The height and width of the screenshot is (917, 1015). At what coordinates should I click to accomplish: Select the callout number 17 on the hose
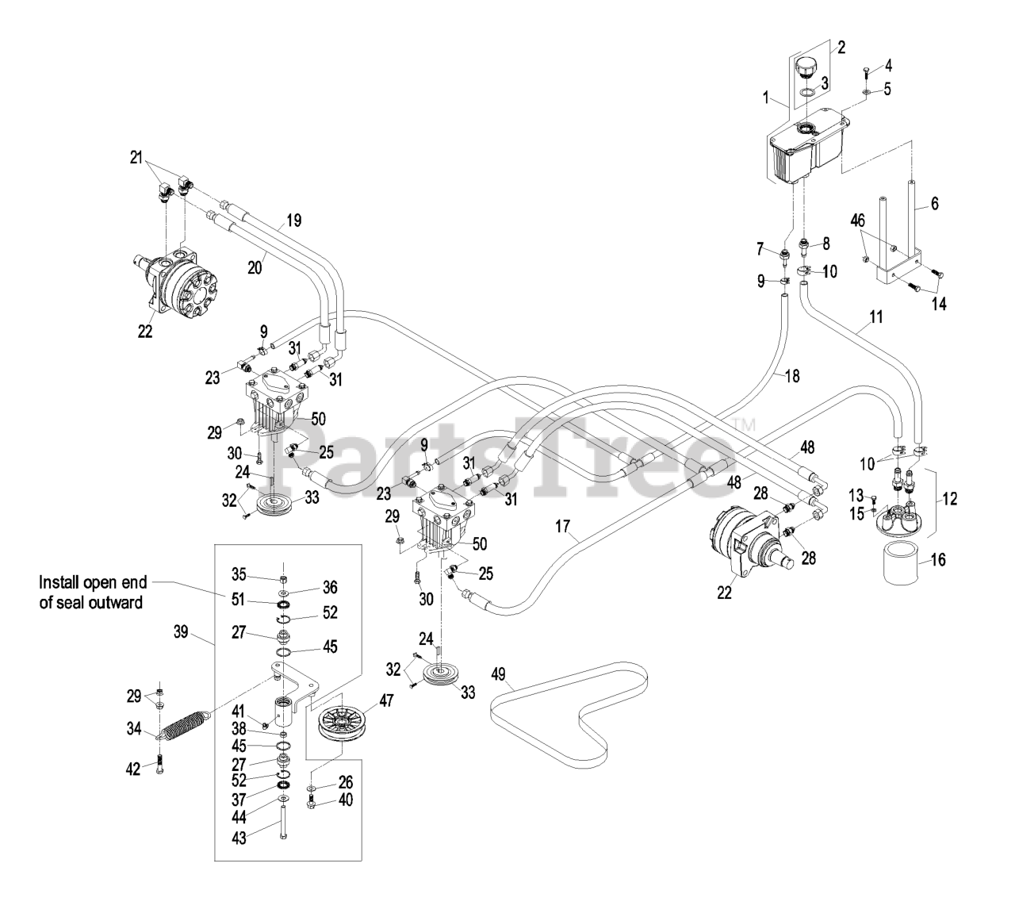click(x=563, y=525)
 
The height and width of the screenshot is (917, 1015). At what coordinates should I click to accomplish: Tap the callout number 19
click(x=293, y=221)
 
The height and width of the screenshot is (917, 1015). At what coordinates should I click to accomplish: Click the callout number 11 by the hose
click(x=875, y=318)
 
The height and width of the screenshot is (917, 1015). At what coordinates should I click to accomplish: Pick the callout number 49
click(x=498, y=674)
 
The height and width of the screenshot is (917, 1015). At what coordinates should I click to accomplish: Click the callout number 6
click(x=934, y=204)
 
